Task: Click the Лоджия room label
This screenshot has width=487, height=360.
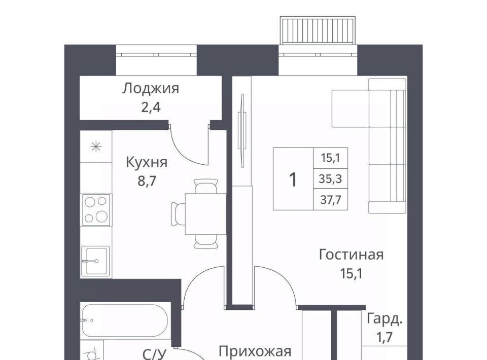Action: pyautogui.click(x=151, y=89)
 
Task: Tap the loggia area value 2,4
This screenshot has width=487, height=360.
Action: pyautogui.click(x=151, y=107)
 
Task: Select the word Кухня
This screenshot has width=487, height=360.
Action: pyautogui.click(x=147, y=162)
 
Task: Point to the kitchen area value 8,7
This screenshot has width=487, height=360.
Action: pyautogui.click(x=147, y=181)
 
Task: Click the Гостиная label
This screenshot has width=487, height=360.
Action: pyautogui.click(x=351, y=255)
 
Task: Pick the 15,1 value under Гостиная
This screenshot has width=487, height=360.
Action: pyautogui.click(x=351, y=274)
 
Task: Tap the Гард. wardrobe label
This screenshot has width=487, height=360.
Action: pyautogui.click(x=385, y=319)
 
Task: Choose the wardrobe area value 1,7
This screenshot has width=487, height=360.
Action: pyautogui.click(x=385, y=337)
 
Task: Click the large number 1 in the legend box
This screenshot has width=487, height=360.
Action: pyautogui.click(x=293, y=179)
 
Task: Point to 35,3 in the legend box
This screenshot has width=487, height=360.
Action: pyautogui.click(x=330, y=179)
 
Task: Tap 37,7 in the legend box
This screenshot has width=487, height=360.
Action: pyautogui.click(x=330, y=200)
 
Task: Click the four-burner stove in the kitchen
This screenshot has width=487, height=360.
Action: pyautogui.click(x=96, y=210)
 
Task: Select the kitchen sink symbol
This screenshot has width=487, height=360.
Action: pyautogui.click(x=95, y=261)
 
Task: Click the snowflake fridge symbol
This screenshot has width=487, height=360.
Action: pyautogui.click(x=96, y=147)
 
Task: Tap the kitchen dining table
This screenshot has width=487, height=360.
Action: pyautogui.click(x=205, y=214)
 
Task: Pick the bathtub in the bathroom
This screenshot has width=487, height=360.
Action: pyautogui.click(x=125, y=320)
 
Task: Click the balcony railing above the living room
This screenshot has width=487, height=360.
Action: pyautogui.click(x=318, y=30)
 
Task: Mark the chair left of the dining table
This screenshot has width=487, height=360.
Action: pyautogui.click(x=178, y=214)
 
